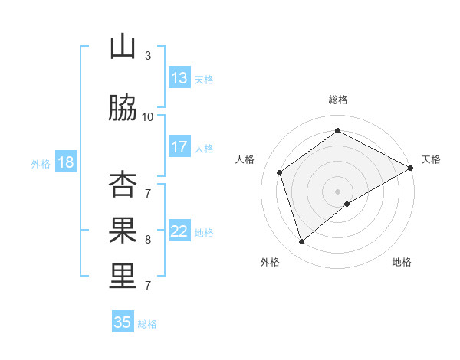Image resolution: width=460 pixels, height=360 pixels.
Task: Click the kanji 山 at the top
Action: tap(123, 47)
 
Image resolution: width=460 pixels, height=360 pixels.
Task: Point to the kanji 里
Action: tap(123, 277)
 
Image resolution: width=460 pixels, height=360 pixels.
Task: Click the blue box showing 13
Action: tap(179, 78)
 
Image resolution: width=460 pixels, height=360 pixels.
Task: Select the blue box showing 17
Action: tap(179, 147)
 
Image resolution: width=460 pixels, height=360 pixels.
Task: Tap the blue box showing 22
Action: tap(179, 231)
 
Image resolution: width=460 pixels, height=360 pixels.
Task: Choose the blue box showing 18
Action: tap(65, 162)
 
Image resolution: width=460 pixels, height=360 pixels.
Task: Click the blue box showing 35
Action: tap(123, 322)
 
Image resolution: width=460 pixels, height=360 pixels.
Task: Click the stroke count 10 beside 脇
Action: tap(148, 116)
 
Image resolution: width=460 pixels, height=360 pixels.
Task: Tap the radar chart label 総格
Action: tap(338, 100)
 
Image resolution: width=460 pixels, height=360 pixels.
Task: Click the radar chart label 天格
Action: tap(431, 159)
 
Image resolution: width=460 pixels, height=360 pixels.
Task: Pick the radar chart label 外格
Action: tap(270, 262)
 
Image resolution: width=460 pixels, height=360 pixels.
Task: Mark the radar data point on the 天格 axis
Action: tap(411, 168)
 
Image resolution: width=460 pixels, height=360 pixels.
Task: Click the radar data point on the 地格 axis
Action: tap(347, 204)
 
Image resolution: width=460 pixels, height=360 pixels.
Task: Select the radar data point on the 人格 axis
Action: tap(280, 172)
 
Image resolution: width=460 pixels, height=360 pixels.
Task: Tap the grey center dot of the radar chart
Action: tap(338, 191)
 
